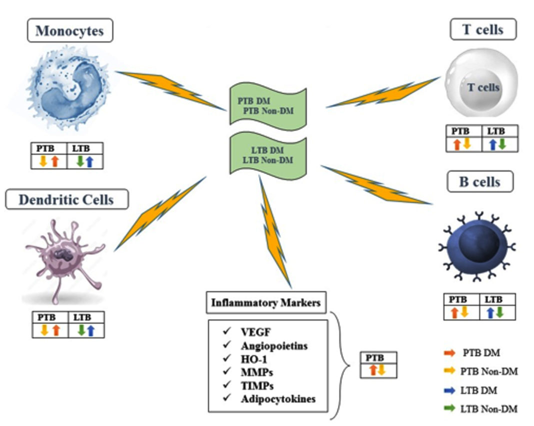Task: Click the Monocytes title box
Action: (69, 31)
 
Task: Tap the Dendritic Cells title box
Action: (66, 200)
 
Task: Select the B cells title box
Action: (479, 182)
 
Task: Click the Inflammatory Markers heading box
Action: (265, 303)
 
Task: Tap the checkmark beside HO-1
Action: (227, 359)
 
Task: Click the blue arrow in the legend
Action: (449, 390)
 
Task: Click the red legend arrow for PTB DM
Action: (449, 353)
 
